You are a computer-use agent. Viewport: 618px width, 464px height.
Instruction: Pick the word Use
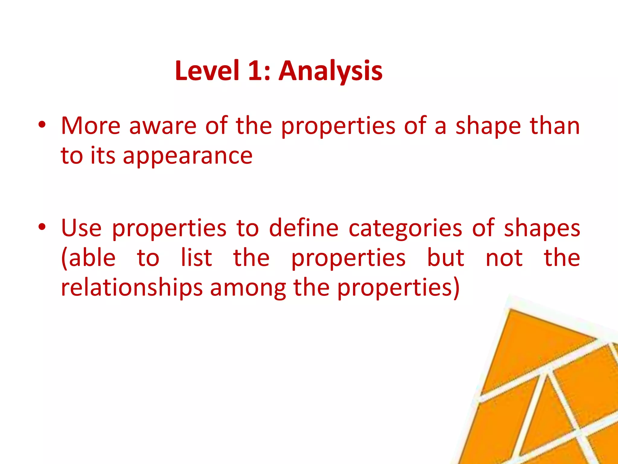pos(81,228)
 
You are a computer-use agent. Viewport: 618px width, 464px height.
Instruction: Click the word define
pos(304,228)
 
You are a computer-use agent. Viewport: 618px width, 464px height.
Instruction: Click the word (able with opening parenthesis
pos(88,259)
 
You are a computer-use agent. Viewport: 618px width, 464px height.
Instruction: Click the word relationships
pos(132,288)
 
